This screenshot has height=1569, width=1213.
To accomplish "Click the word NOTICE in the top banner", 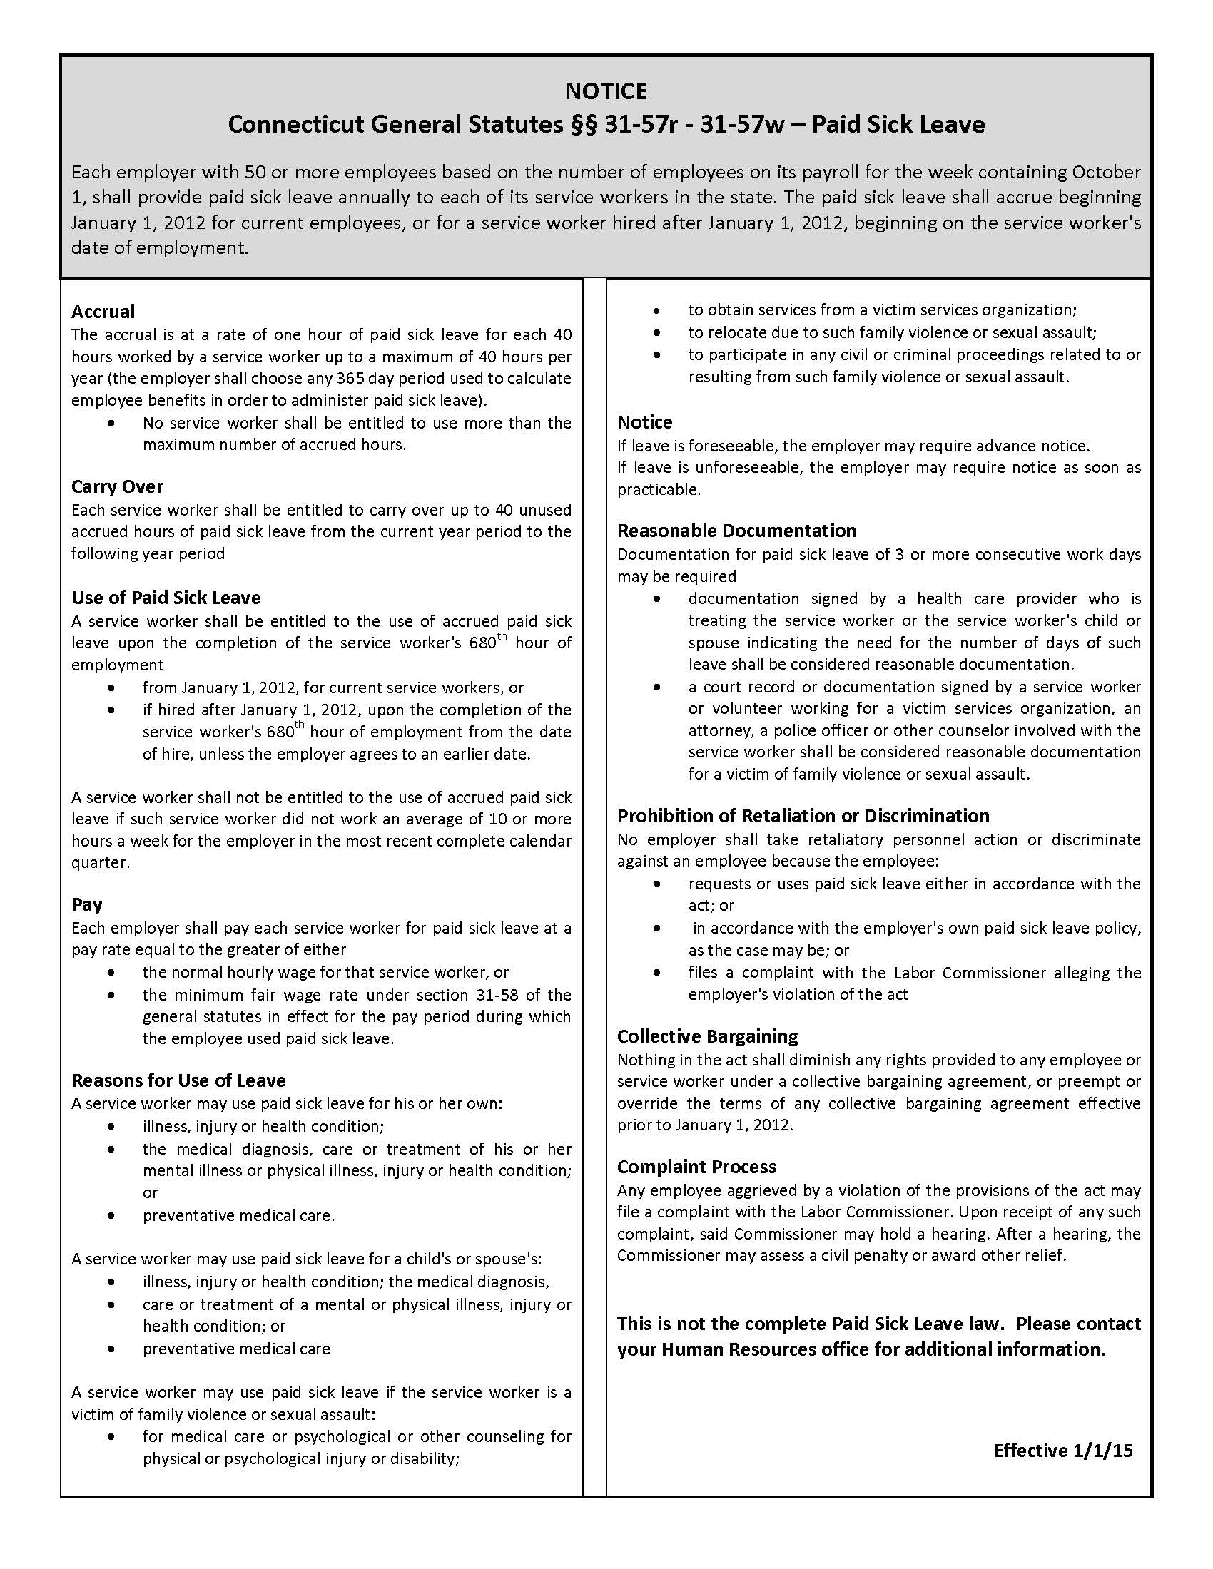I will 606,91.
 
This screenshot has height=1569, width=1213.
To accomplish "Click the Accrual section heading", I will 103,312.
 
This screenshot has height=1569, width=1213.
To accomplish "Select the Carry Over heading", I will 117,486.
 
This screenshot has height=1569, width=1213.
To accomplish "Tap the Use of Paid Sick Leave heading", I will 166,598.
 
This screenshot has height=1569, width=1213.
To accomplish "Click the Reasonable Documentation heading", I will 736,530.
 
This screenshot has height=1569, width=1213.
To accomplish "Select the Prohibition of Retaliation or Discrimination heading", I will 803,815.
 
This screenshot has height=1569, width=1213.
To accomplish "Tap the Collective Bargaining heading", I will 707,1036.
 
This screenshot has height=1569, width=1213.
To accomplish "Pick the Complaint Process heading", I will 696,1167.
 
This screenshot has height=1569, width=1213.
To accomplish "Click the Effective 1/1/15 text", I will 1063,1451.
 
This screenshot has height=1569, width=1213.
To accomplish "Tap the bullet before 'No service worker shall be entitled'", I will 111,424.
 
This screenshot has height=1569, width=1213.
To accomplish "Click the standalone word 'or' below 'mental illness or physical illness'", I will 149,1192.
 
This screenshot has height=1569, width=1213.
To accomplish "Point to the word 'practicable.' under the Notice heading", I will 659,489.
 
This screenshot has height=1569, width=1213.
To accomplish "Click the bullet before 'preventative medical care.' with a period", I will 111,1216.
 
